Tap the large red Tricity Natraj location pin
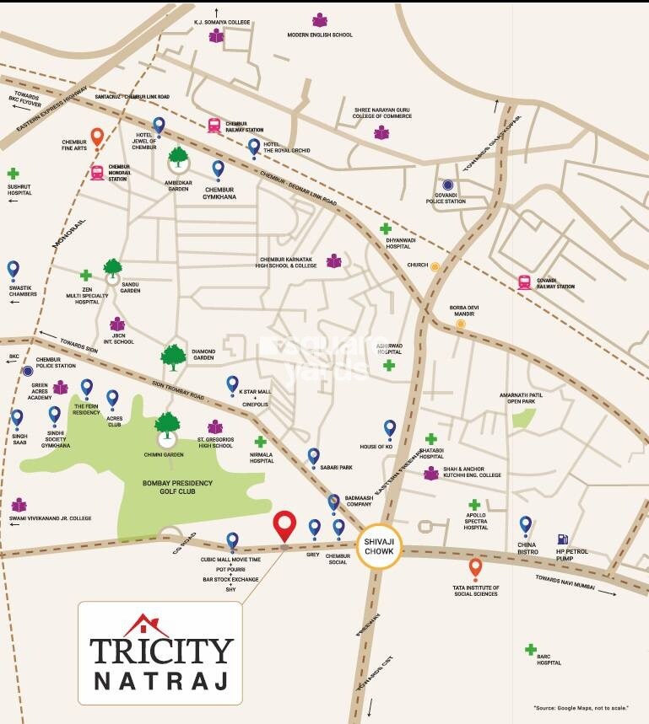point(285,525)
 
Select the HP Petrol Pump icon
point(562,539)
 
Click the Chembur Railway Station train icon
point(214,126)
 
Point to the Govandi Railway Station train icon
point(524,282)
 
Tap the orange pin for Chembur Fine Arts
point(97,136)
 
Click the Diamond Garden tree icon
point(173,357)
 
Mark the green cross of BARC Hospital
point(530,649)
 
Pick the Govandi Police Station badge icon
point(448,185)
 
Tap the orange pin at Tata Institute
point(475,567)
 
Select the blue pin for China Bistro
point(525,525)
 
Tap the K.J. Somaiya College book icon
point(217,36)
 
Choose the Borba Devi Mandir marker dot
point(461,323)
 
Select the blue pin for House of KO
point(389,428)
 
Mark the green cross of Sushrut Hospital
point(13,174)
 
